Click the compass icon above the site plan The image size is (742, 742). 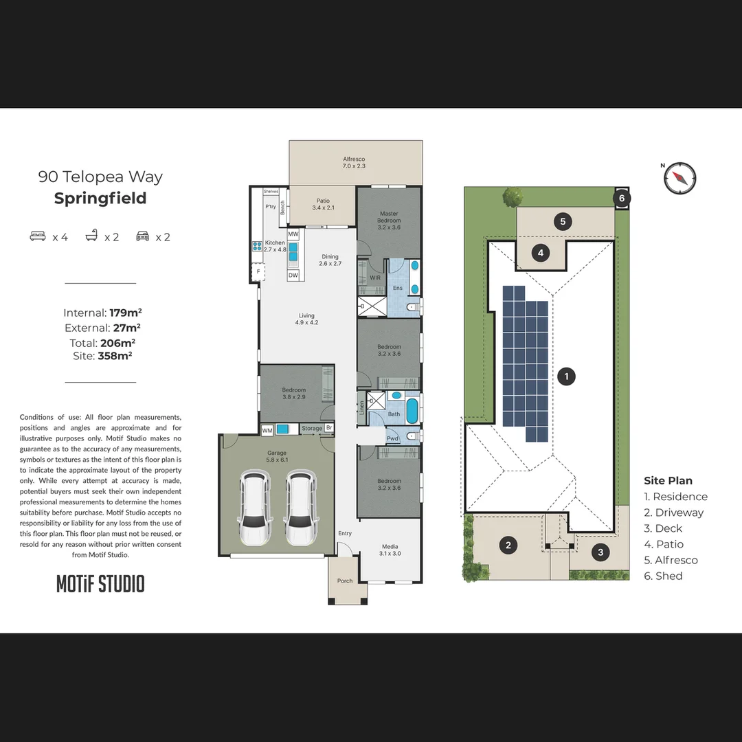click(x=680, y=178)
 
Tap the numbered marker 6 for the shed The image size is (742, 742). click(x=622, y=198)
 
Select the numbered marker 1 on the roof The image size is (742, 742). click(x=566, y=376)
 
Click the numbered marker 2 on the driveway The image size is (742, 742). click(x=508, y=546)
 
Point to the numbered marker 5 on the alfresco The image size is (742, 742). click(x=563, y=221)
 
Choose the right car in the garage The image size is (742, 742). click(x=300, y=508)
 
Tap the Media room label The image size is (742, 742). click(x=390, y=550)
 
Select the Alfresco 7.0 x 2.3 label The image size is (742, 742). click(x=355, y=162)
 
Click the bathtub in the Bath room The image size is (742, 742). click(x=412, y=411)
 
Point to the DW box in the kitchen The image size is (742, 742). click(x=293, y=275)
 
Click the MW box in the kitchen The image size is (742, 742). click(x=293, y=234)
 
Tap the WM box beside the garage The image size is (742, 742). click(x=267, y=430)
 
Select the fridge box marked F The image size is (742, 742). click(x=258, y=272)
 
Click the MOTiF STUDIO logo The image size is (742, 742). click(x=100, y=584)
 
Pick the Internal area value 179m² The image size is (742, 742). click(x=125, y=313)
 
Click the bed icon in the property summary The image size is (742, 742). click(x=38, y=236)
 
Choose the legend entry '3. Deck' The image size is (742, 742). click(x=663, y=528)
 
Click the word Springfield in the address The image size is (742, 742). click(x=100, y=199)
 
